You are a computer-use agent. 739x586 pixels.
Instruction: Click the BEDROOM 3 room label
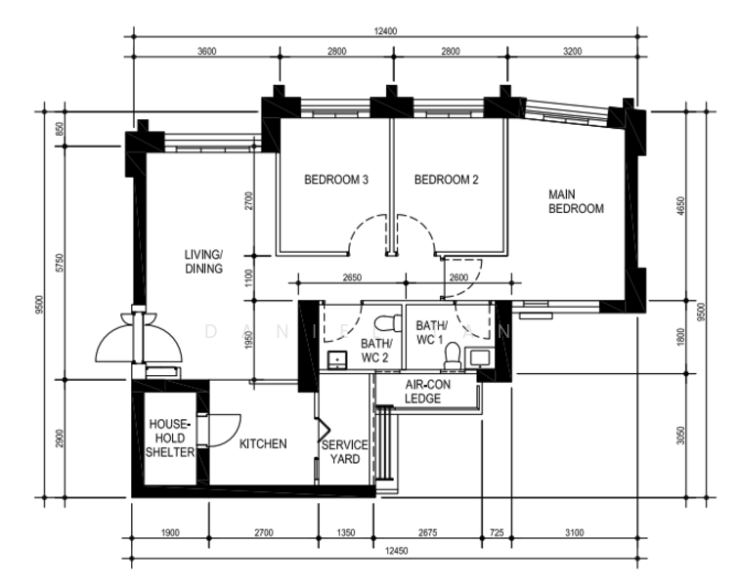click(335, 180)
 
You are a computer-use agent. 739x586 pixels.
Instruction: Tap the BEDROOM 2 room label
click(446, 180)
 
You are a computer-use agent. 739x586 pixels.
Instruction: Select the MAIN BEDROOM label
click(576, 201)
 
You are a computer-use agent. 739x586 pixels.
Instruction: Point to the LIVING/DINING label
click(204, 262)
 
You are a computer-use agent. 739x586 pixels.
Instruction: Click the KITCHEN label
click(263, 444)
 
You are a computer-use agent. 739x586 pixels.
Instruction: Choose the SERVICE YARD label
click(345, 452)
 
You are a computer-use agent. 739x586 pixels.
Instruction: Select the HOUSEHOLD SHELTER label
click(170, 439)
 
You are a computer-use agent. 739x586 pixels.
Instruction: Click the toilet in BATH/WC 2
click(390, 321)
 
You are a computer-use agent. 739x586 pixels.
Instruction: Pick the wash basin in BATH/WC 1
click(480, 357)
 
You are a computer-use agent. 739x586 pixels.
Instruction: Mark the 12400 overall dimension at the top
click(385, 31)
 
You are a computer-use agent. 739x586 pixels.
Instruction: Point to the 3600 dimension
click(205, 51)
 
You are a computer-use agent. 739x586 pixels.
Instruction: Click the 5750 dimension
click(61, 265)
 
